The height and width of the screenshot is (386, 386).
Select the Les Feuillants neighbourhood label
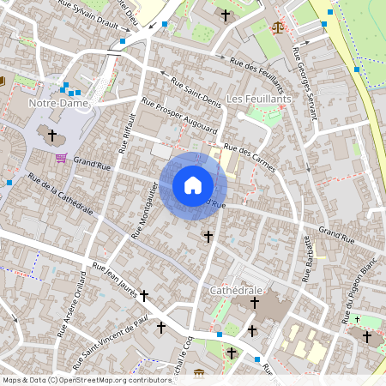pos(261,100)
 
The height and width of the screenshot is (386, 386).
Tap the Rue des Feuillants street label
pos(258,75)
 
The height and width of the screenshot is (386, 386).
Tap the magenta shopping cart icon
pos(61,158)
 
